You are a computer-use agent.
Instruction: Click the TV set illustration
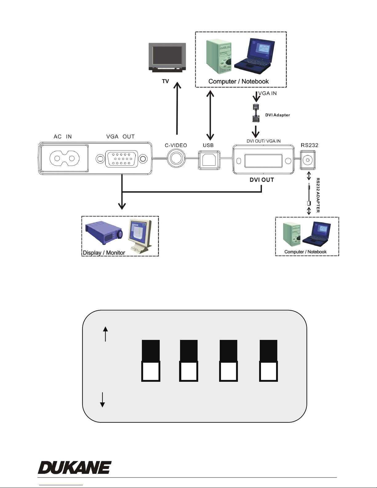click(167, 57)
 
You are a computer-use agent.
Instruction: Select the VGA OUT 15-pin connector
click(121, 159)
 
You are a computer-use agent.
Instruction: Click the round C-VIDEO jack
click(176, 159)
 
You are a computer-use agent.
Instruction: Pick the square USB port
click(209, 159)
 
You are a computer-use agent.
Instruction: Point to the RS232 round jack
click(307, 160)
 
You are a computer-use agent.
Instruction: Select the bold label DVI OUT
click(262, 180)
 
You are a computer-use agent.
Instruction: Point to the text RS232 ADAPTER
click(318, 195)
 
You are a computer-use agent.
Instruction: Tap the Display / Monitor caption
click(104, 253)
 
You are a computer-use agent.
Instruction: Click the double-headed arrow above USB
click(210, 115)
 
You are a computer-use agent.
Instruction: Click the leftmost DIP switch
click(150, 361)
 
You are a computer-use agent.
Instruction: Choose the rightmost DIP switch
click(269, 361)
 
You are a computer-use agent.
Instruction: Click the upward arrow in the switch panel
click(106, 334)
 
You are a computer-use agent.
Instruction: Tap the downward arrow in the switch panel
click(102, 400)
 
